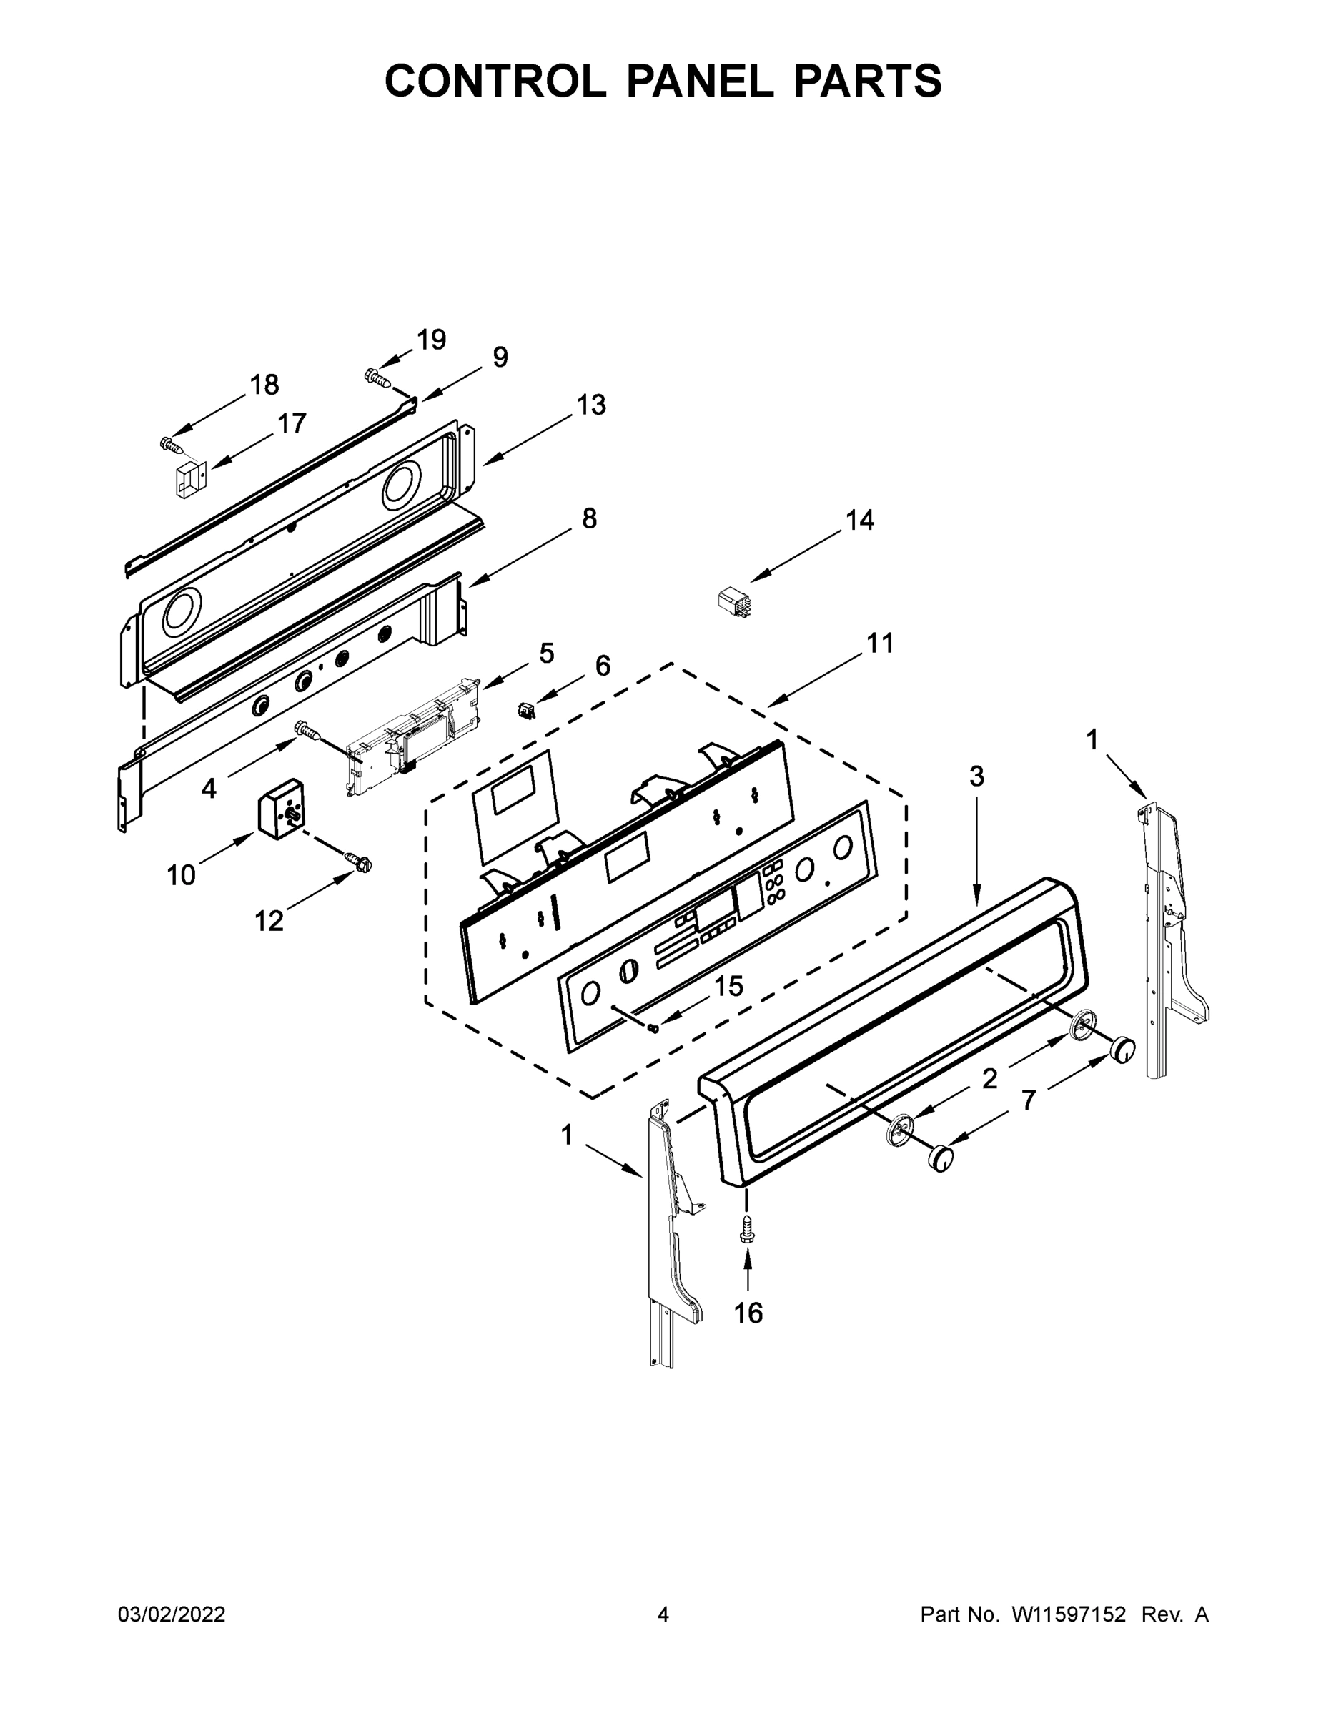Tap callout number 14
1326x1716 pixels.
859,520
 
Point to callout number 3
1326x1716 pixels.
976,776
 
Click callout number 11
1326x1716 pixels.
880,643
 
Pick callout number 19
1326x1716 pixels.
431,340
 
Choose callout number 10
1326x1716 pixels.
181,874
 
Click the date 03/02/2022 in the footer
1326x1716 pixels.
172,1614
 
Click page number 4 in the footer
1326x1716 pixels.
663,1614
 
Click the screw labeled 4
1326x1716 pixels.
307,731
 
